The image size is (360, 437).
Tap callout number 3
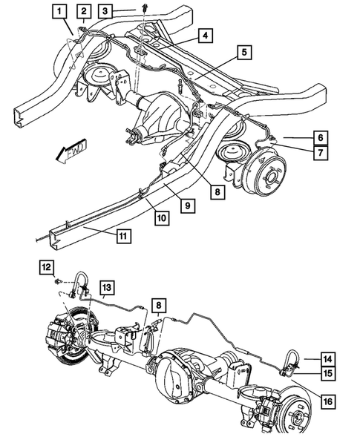click(108, 10)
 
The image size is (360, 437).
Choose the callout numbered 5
click(243, 52)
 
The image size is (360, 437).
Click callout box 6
click(320, 137)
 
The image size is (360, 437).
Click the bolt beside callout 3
click(140, 8)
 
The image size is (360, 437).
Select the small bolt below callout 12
click(57, 283)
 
